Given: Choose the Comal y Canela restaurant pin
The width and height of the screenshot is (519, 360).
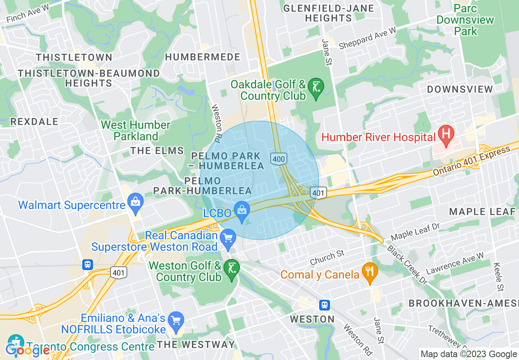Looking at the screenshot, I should click(370, 272).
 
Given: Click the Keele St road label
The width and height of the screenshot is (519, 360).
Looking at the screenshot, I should click(498, 277).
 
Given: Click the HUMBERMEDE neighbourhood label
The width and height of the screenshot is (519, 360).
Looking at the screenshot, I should click(203, 57).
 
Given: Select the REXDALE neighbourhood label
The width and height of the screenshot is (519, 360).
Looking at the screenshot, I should click(34, 122).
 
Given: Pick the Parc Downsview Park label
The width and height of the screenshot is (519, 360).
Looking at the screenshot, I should click(465, 20).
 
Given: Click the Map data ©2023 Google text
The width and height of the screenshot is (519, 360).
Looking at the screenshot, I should click(469, 354).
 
